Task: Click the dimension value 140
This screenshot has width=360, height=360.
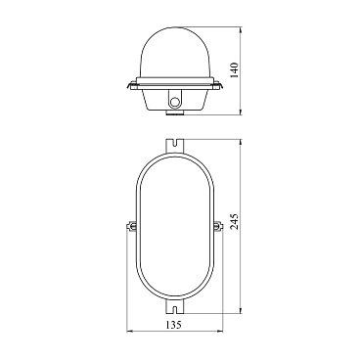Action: (x=235, y=69)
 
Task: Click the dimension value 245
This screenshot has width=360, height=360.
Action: (x=235, y=222)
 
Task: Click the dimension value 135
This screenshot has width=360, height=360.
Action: (x=173, y=325)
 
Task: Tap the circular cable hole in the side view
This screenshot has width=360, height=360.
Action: (x=175, y=102)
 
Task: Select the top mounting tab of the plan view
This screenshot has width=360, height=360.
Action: (x=175, y=146)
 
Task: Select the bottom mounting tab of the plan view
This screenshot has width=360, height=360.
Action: (x=175, y=306)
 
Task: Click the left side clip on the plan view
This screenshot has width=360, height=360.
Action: (x=131, y=226)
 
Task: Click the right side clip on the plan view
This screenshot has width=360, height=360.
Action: (x=218, y=226)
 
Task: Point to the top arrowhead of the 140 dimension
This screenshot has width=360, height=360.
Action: (x=241, y=30)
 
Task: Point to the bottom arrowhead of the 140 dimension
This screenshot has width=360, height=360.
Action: (x=241, y=112)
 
